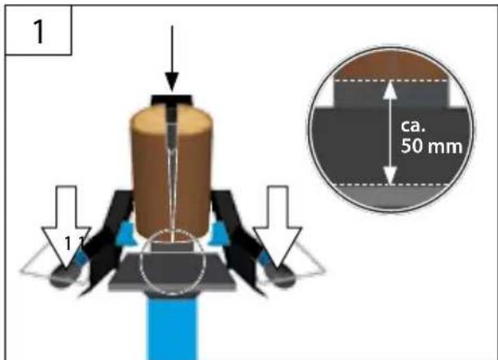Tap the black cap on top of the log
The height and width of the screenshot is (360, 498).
point(172,100)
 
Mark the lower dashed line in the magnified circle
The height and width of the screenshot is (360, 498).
point(391,185)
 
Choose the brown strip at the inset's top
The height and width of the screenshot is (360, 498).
point(391,68)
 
